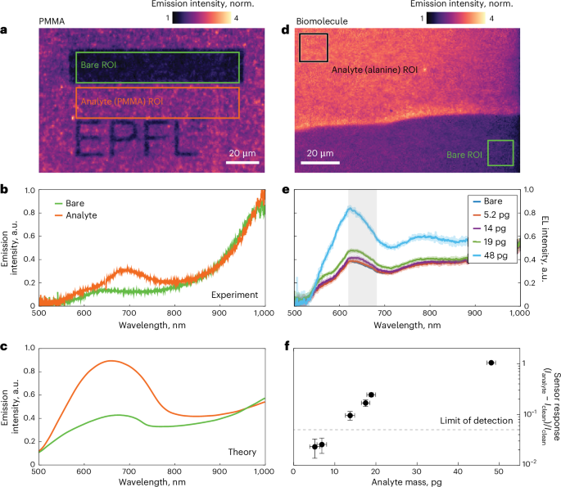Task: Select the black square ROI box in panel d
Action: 314,47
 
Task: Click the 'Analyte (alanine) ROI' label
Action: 374,70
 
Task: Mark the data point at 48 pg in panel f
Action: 491,363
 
